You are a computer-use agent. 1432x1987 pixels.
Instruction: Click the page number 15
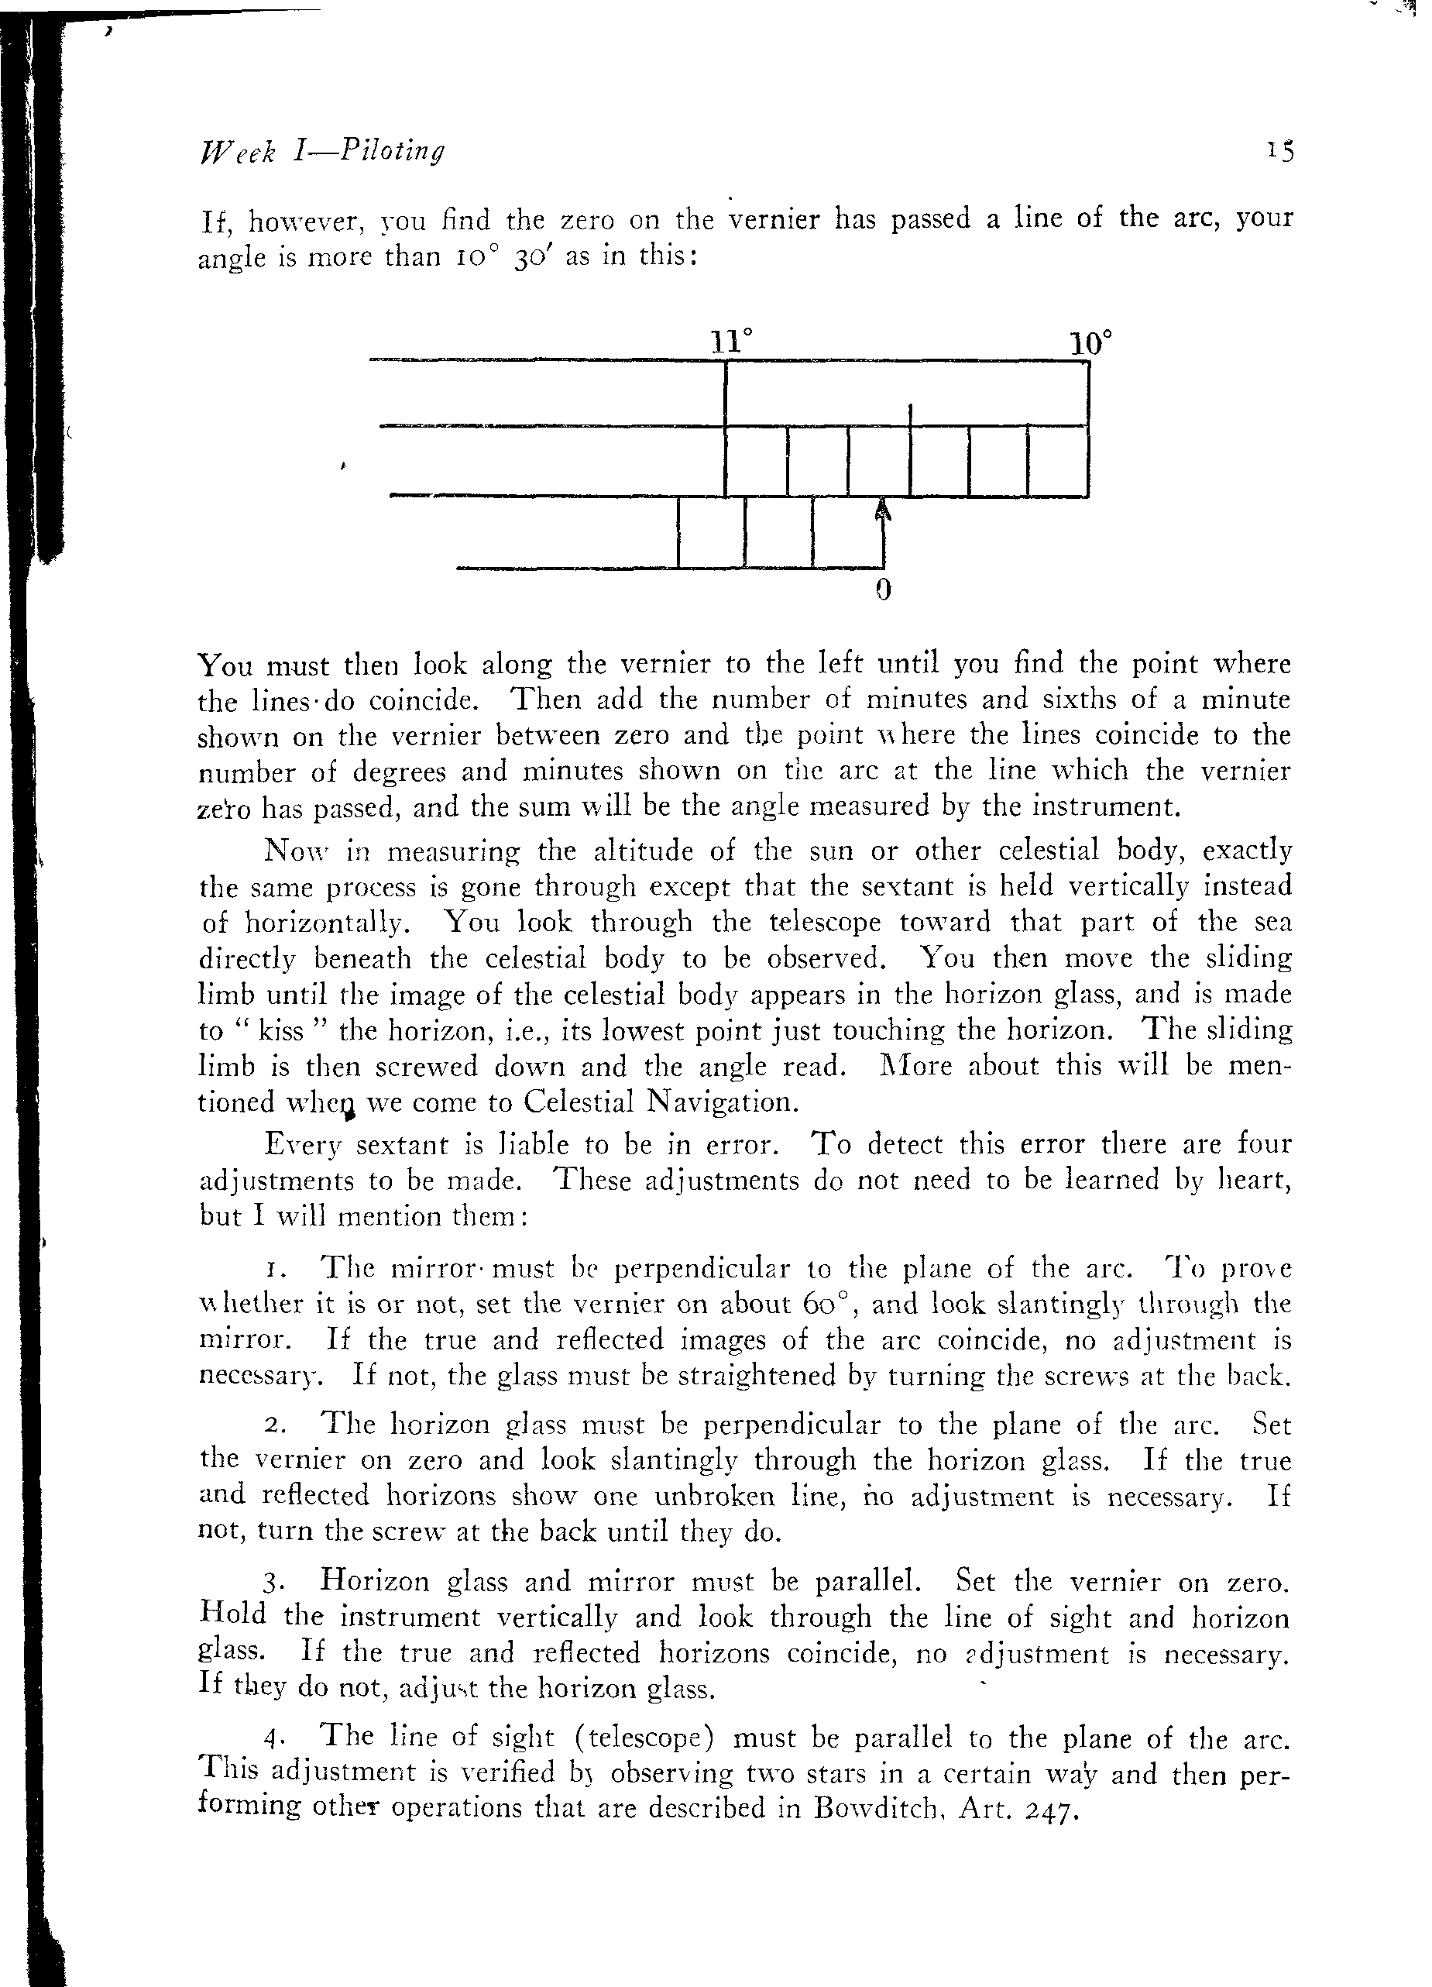(1279, 153)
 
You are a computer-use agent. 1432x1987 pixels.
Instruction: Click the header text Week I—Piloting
(322, 152)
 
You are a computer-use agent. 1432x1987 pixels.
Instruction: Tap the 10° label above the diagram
(1091, 342)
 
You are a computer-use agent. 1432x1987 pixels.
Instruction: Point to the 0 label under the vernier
(883, 590)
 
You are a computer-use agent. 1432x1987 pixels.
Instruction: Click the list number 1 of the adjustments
(273, 1270)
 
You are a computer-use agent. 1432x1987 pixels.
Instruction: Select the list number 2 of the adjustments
(273, 1425)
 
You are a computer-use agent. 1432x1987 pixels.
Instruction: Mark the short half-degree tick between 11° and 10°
(911, 415)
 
